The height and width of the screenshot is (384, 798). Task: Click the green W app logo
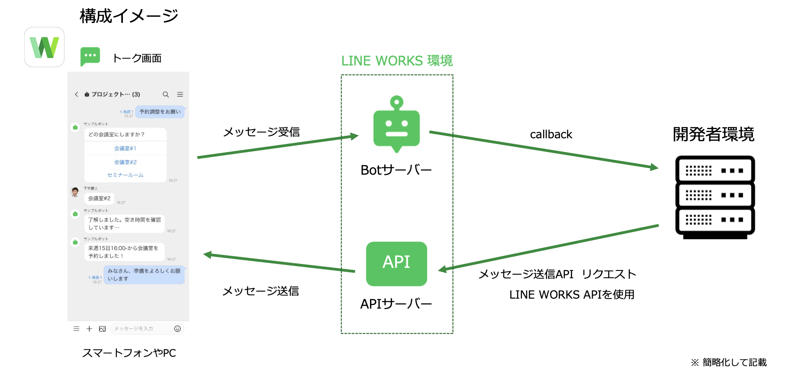(44, 47)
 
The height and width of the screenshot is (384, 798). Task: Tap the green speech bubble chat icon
(90, 56)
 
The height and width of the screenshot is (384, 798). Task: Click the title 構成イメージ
(129, 16)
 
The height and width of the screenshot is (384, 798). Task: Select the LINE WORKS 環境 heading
(397, 61)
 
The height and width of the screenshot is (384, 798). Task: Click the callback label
(551, 134)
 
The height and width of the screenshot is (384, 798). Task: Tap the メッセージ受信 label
(261, 132)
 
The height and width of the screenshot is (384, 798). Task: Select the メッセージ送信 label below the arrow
(261, 291)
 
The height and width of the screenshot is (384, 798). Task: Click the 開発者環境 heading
(713, 134)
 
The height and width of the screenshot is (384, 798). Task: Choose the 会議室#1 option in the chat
(125, 148)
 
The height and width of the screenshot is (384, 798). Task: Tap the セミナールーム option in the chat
(125, 175)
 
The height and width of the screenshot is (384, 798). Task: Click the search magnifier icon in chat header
(166, 94)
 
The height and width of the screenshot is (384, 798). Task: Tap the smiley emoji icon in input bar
(177, 329)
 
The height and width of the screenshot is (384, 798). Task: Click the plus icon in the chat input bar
(89, 329)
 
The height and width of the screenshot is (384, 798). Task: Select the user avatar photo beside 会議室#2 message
(75, 192)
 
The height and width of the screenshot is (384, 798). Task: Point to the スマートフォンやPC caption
(129, 353)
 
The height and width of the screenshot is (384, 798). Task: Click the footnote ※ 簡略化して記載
(729, 362)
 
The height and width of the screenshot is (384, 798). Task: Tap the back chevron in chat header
(77, 94)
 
